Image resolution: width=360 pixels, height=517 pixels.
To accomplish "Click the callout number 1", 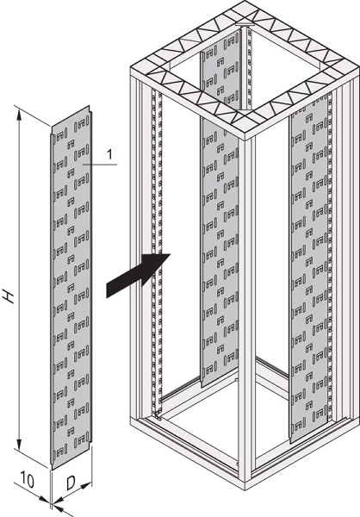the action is pos(109,154).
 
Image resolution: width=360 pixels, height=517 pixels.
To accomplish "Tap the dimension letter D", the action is pos(71,483).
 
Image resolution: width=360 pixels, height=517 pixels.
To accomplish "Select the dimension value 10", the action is pos(27,480).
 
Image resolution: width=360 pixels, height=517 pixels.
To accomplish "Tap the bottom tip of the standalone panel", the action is pos(52,470).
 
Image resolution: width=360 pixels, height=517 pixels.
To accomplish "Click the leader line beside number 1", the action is pos(100,164).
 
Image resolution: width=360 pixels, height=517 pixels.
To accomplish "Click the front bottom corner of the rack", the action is pos(245,490).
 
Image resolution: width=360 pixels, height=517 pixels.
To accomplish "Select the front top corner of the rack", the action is pos(246,140).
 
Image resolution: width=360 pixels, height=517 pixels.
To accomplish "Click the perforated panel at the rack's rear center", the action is pos(220,211).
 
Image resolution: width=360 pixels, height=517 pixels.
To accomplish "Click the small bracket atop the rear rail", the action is pos(245,24).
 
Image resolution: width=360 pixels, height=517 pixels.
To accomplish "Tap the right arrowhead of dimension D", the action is pos(86,485).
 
